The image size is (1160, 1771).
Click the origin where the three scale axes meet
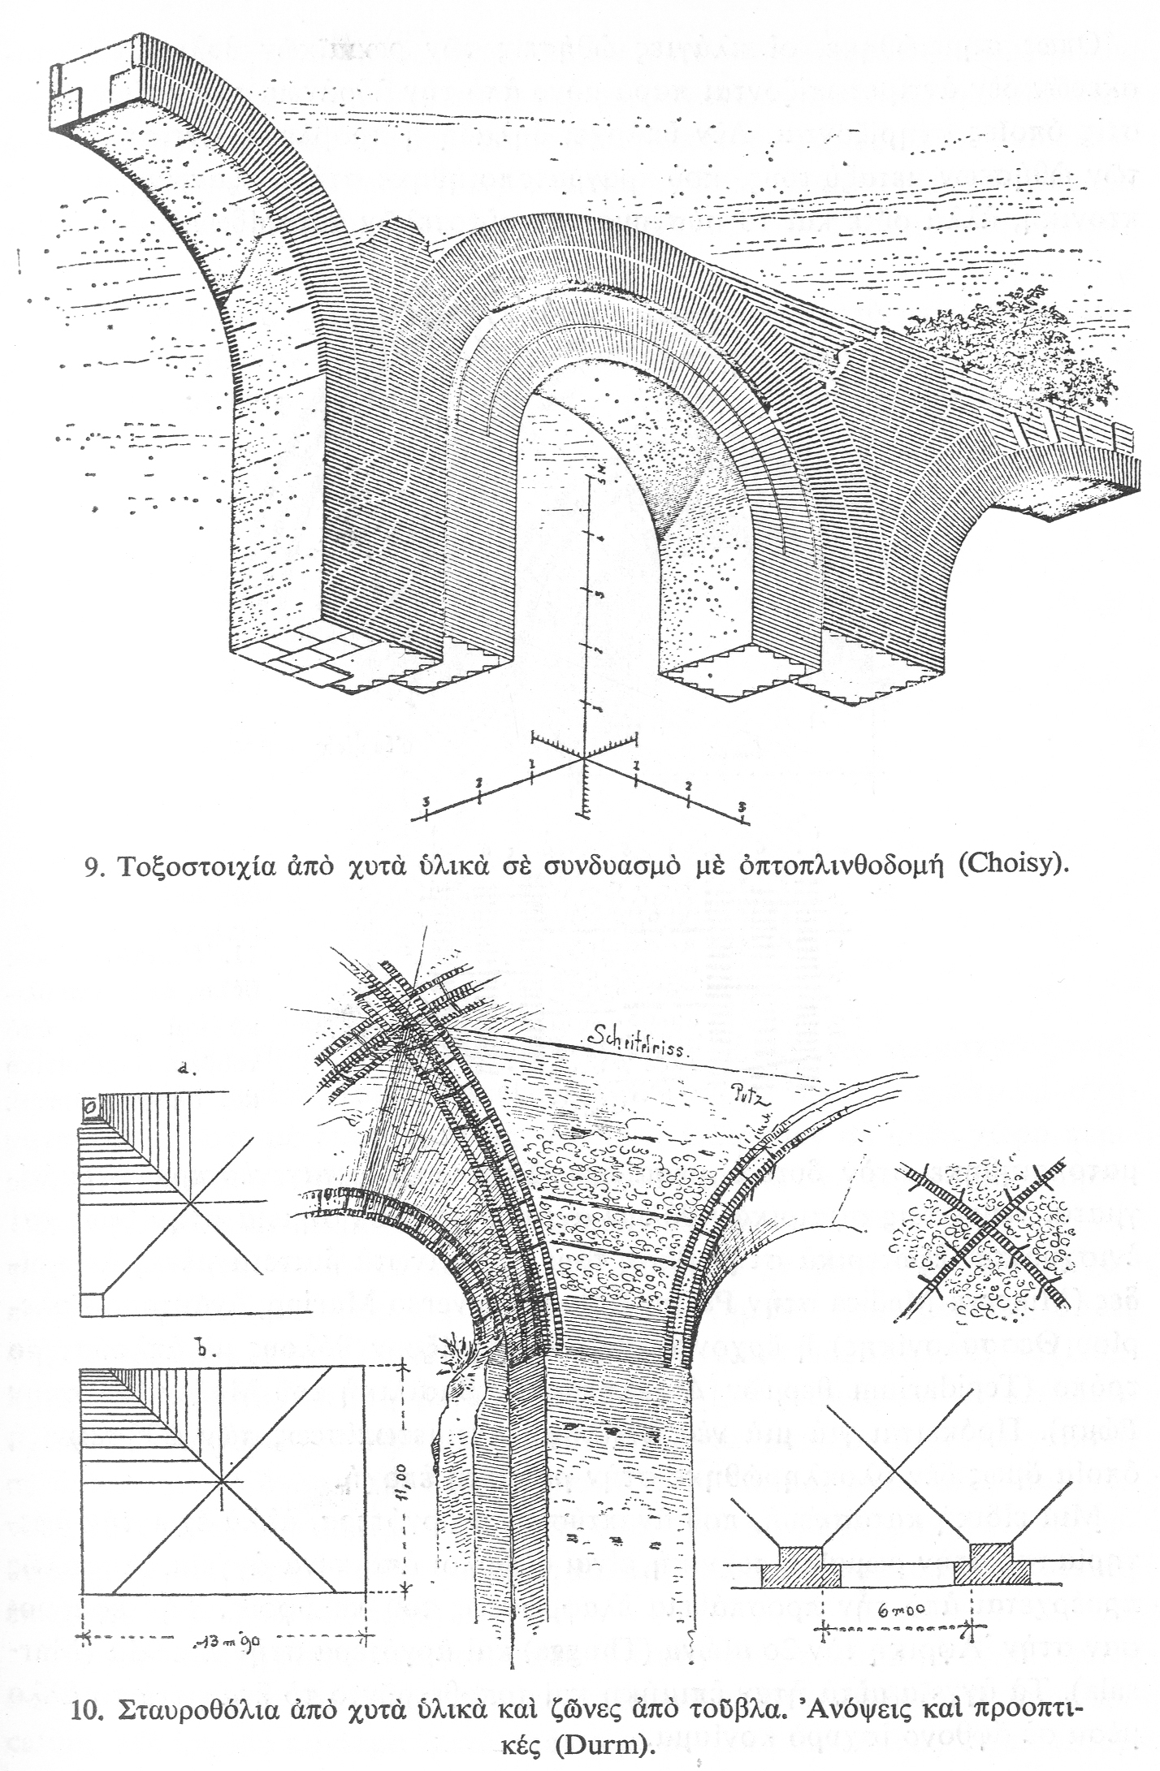583,759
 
